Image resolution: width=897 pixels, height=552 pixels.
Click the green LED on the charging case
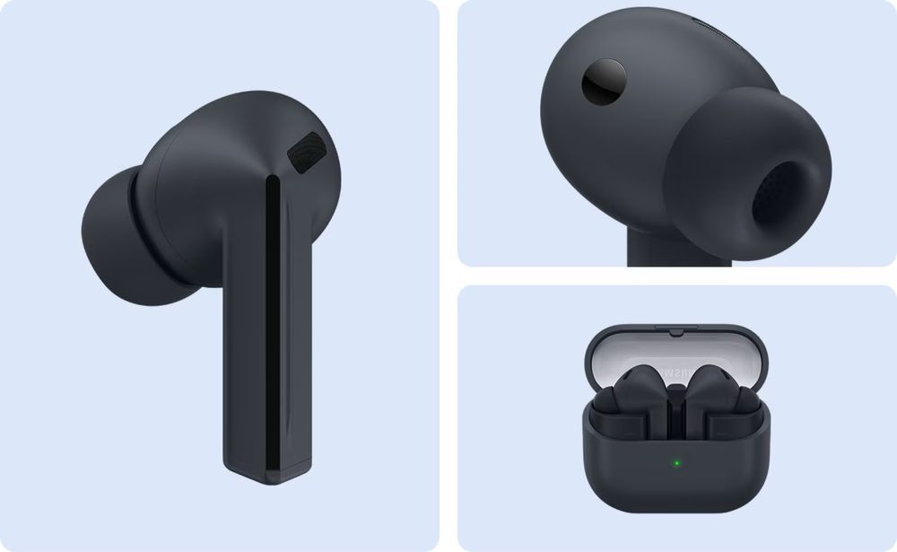[675, 464]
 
